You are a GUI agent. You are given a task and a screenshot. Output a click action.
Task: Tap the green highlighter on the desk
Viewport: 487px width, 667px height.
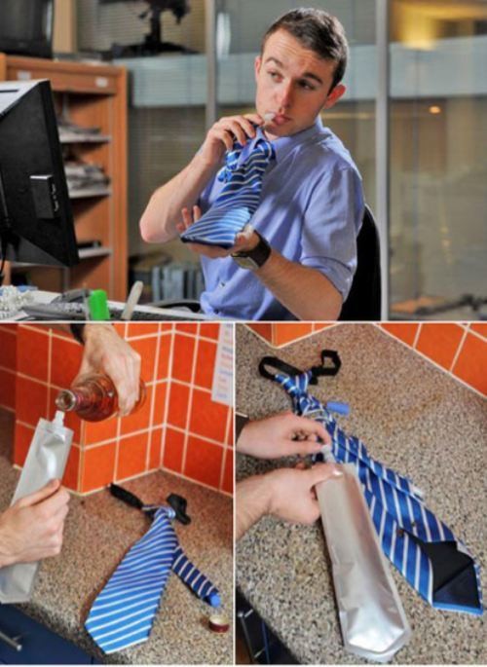(x=99, y=306)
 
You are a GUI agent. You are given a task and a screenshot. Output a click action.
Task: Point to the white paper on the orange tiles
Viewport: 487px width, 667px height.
(x=223, y=365)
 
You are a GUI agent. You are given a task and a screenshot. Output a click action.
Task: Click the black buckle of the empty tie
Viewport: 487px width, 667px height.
(x=175, y=507)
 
